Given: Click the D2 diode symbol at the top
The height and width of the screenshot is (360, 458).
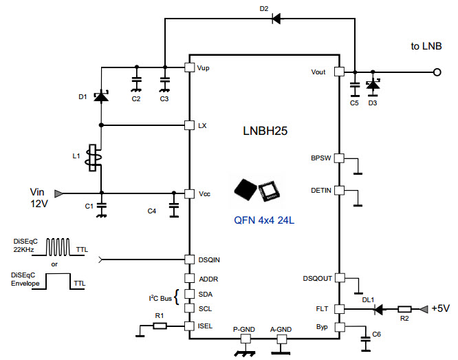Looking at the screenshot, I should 276,19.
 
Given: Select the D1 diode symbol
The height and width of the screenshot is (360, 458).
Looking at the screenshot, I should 101,96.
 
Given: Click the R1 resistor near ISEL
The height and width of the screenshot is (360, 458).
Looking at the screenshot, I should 159,326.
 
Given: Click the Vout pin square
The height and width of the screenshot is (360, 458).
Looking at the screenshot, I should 338,72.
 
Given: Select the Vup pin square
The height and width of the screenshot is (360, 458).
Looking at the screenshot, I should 190,67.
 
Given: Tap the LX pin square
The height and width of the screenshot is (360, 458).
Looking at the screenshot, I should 190,125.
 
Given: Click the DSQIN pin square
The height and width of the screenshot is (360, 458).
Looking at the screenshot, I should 190,260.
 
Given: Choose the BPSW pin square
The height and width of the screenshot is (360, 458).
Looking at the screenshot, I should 338,158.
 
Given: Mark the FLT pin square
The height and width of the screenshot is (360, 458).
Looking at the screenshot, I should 338,309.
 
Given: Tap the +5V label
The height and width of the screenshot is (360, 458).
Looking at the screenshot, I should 441,309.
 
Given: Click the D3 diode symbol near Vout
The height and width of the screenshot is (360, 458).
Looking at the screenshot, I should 373,87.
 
